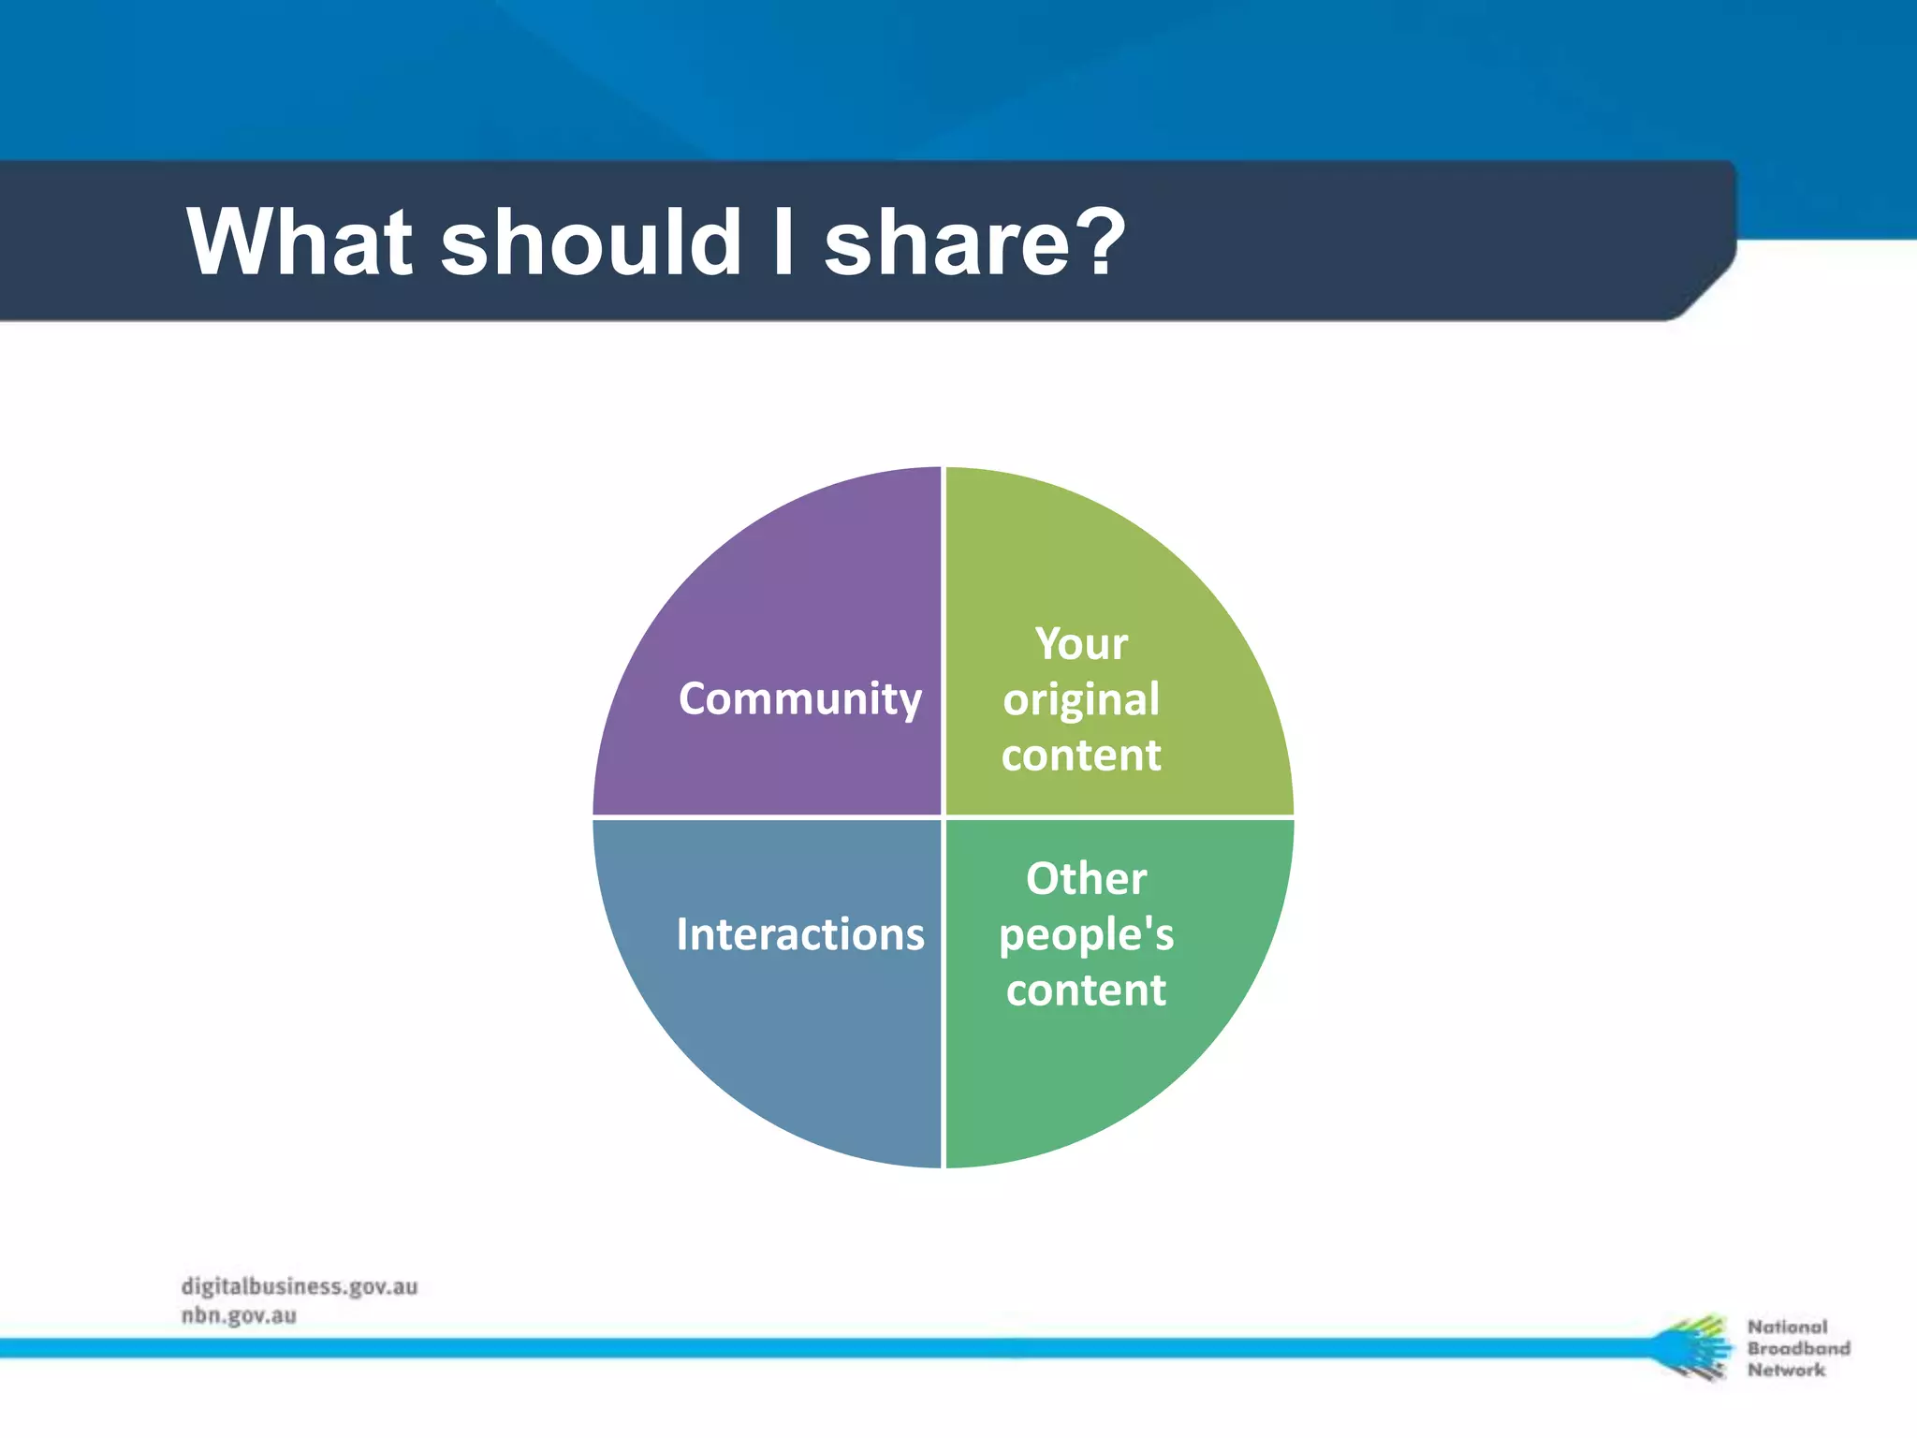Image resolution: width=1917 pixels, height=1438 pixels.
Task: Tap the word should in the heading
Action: [x=592, y=242]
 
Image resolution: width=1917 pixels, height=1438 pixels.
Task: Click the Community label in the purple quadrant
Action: [x=799, y=698]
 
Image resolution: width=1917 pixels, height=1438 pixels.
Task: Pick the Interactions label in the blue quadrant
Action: [x=799, y=934]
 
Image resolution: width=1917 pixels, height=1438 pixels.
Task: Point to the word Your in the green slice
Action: [x=1081, y=644]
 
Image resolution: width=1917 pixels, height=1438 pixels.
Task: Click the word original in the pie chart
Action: [x=1081, y=700]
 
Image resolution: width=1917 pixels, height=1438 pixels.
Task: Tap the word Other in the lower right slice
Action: [x=1086, y=878]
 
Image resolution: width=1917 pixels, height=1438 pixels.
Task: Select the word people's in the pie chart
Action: [x=1086, y=935]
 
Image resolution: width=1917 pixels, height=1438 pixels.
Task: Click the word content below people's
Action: [x=1086, y=990]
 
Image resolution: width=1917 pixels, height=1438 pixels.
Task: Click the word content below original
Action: [x=1081, y=755]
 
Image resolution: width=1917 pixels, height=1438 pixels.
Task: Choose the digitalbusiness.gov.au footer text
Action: [x=300, y=1286]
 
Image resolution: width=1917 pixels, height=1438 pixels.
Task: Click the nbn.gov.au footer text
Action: [x=239, y=1315]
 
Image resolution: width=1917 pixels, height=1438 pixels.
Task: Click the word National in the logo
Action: [x=1787, y=1327]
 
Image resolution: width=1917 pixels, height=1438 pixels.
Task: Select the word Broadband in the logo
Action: [x=1798, y=1348]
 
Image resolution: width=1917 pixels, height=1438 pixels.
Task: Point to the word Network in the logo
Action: [x=1786, y=1370]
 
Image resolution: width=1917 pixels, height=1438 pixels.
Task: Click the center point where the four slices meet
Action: [x=944, y=817]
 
